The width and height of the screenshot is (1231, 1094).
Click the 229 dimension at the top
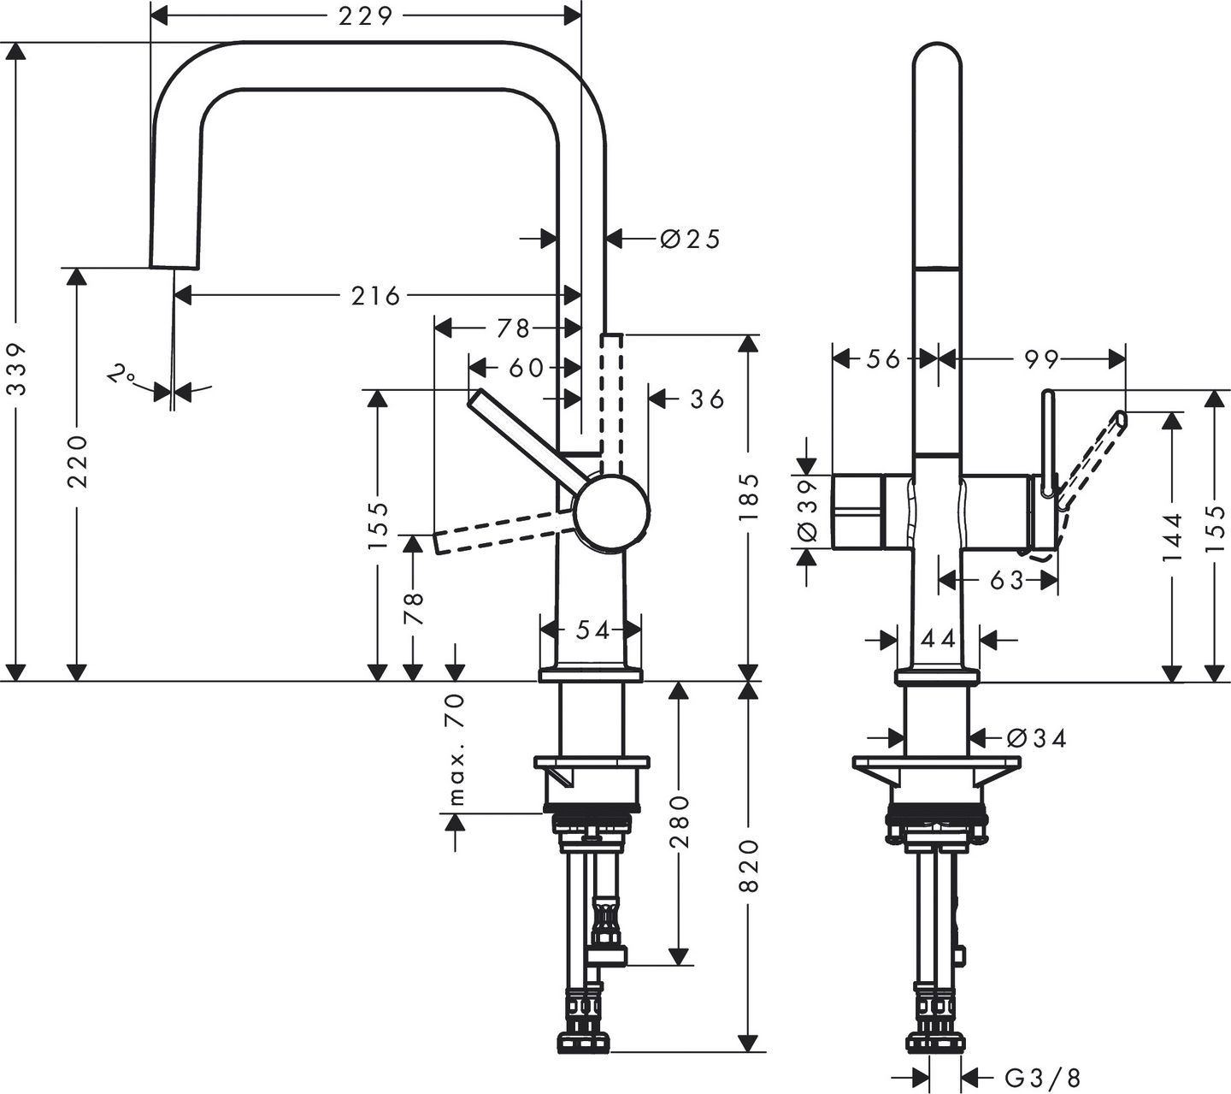coord(365,16)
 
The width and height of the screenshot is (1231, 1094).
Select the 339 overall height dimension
coord(18,370)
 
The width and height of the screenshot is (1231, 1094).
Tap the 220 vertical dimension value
coord(79,461)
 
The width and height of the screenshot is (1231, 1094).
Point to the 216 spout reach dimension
coord(375,296)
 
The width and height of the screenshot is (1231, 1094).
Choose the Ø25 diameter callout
coord(691,239)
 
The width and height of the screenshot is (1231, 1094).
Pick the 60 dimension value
coord(526,368)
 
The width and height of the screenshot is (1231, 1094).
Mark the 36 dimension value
coord(707,399)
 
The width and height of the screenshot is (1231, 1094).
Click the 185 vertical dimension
coord(749,497)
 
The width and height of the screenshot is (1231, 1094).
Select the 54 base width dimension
coord(592,630)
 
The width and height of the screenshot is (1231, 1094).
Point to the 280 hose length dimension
coord(680,821)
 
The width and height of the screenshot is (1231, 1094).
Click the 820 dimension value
coord(749,866)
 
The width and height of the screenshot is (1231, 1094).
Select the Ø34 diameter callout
coord(1037,737)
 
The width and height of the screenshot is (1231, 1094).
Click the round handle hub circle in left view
coord(610,512)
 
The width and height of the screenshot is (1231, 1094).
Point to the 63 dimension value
coord(1006,581)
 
